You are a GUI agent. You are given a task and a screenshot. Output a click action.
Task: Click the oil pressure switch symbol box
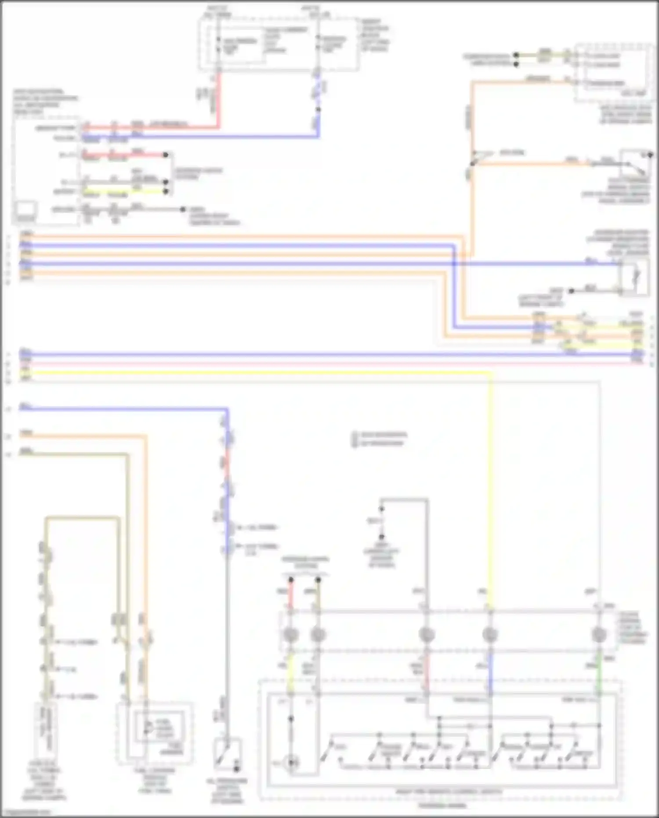(x=228, y=754)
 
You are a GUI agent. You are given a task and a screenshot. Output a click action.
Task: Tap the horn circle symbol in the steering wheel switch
(x=291, y=763)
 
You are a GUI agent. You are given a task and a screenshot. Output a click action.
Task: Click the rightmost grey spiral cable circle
(x=599, y=635)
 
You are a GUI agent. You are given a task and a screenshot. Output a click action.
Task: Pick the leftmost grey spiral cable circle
(x=291, y=635)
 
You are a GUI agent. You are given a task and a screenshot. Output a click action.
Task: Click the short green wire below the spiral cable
(x=598, y=673)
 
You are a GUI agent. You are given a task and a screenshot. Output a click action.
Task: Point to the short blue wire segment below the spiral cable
(x=490, y=673)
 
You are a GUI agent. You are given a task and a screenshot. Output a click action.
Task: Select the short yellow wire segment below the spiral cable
(x=290, y=673)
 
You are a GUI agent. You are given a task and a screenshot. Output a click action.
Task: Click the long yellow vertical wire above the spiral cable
(x=490, y=484)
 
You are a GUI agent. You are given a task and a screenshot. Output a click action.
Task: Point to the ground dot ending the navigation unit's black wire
(x=183, y=209)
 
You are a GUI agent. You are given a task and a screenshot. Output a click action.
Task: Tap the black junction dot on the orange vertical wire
(x=472, y=164)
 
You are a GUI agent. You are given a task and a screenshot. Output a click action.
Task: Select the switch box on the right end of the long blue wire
(x=634, y=277)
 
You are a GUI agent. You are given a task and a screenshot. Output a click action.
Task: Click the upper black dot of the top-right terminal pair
(x=516, y=55)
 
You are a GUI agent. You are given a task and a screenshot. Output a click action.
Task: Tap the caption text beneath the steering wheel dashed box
(x=442, y=805)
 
